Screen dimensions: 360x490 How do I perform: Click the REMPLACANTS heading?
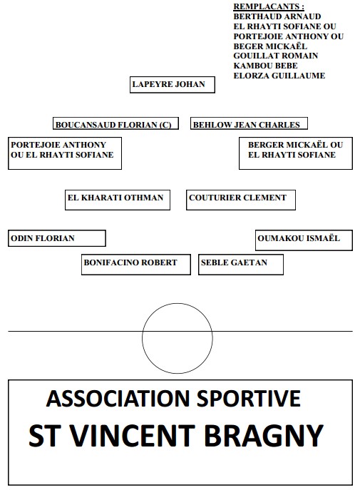(269, 6)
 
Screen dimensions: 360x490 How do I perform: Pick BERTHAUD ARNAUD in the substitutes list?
(277, 16)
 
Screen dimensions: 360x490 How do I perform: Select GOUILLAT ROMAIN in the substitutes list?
(276, 56)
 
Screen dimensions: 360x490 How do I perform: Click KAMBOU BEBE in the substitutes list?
(266, 66)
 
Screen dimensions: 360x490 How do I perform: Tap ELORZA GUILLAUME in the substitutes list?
(279, 76)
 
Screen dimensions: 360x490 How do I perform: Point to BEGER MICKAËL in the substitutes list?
(270, 46)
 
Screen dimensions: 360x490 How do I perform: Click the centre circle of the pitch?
(178, 303)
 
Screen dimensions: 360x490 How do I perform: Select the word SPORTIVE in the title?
(249, 399)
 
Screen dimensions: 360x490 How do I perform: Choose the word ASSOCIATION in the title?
(118, 399)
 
